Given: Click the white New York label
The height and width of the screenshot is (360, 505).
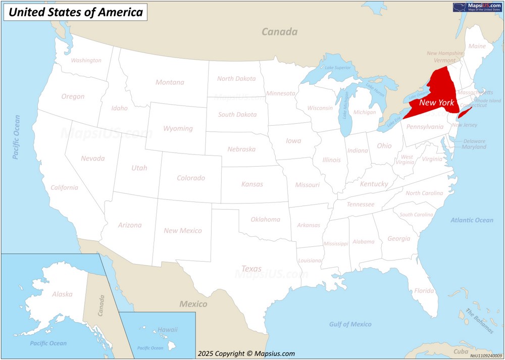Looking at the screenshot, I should pos(437,102).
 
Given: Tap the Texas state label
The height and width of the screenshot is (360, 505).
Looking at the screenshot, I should pos(251,269).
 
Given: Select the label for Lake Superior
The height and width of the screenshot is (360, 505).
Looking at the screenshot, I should pos(338,68).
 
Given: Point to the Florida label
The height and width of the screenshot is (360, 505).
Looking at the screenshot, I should pos(424,291).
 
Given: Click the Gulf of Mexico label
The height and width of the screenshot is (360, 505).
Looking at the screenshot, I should pos(350,324).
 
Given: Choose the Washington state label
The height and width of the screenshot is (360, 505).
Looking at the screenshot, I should pos(86,61).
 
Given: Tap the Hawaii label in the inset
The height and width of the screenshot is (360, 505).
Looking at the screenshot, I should pos(167,330).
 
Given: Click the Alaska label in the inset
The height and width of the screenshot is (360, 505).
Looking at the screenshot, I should pos(62,294).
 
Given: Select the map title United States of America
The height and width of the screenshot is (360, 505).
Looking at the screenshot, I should pos(76,12).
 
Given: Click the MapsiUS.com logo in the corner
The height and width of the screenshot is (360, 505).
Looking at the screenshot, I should pos(477,7).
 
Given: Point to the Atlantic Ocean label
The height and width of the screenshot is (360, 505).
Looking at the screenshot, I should pos(472,220).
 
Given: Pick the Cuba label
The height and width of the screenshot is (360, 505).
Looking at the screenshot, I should pos(461,351).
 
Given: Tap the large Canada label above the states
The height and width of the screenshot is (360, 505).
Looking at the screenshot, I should pos(279,32).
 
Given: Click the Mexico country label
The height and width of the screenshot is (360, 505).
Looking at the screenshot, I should pos(193,304).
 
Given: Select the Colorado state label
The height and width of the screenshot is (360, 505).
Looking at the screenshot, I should pos(191,178).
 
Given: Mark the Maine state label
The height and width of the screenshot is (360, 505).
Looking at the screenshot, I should pos(477,46).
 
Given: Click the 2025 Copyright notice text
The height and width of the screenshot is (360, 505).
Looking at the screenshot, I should pos(246,353).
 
